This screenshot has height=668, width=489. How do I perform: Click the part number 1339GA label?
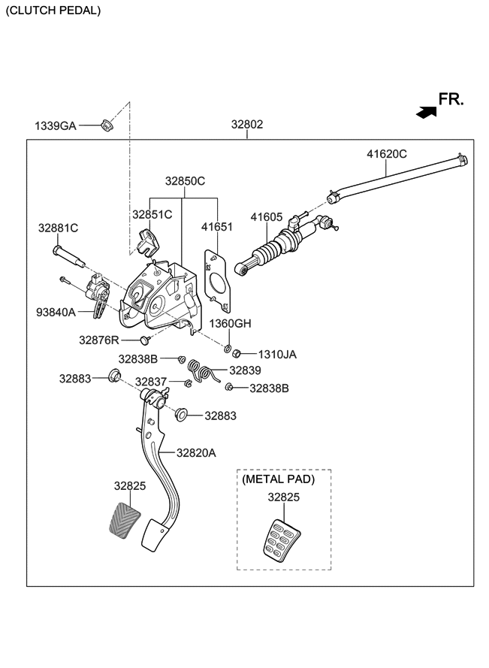coord(56,126)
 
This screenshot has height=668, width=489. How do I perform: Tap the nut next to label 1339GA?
coord(106,125)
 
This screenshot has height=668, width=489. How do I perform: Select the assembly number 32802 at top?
coord(247,125)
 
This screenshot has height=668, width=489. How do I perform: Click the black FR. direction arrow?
coord(427,112)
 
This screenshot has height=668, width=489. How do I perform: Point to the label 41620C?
coord(387,154)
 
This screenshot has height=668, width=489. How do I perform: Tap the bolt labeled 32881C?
coord(68,255)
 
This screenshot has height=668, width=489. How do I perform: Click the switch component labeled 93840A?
coord(97,295)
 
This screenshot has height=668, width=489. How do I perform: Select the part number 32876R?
coord(99,340)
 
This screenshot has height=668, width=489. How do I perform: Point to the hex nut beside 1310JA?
coord(237,354)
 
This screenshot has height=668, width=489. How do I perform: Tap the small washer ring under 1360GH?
coord(228,349)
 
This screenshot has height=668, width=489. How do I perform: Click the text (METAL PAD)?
coord(278,479)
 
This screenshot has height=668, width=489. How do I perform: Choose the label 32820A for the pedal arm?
coord(196,453)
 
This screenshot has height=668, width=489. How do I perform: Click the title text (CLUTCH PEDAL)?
coord(53,11)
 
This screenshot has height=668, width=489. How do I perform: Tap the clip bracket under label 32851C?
coord(147,243)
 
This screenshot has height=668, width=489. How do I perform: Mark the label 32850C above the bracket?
coord(185,181)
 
